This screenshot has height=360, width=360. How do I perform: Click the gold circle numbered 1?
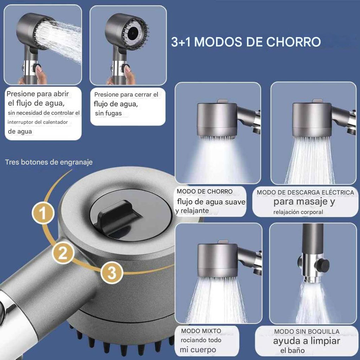[x=43, y=213]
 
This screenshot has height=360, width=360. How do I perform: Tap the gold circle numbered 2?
[x=63, y=253]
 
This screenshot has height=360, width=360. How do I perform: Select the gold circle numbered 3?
[x=112, y=273]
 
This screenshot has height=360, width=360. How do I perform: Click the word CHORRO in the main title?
[x=293, y=42]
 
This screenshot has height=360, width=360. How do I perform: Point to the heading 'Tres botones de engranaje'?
[x=49, y=162]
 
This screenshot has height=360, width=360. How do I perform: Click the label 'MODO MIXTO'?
[x=201, y=331]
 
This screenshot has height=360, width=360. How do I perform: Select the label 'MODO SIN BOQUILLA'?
[x=307, y=332]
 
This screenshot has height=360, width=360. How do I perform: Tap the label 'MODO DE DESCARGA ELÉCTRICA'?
[x=306, y=192]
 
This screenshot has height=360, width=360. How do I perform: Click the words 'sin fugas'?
[x=108, y=113]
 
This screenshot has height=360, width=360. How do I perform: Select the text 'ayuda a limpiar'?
[x=307, y=341]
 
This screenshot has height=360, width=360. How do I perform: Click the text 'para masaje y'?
[x=304, y=201]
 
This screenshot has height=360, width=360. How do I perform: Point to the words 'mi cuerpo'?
[x=198, y=350]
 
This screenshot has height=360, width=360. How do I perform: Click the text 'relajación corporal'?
[x=298, y=212]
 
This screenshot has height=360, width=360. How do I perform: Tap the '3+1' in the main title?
[x=181, y=42]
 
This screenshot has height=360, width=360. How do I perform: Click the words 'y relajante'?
[x=192, y=211]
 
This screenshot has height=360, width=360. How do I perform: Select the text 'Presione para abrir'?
[x=38, y=94]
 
